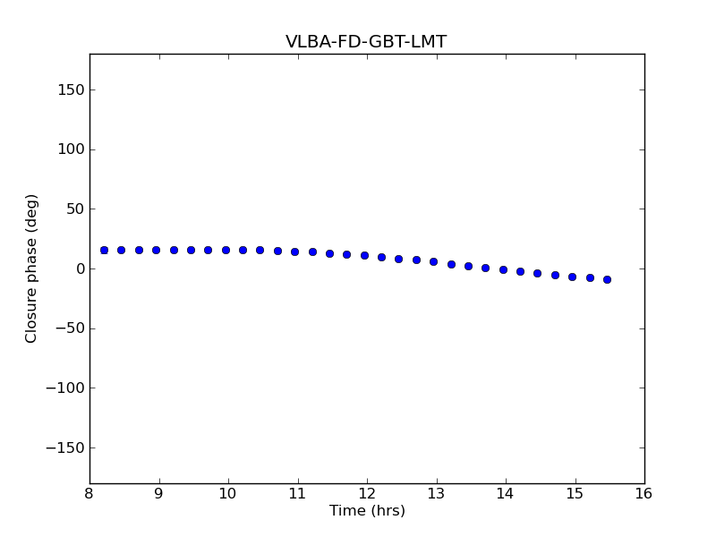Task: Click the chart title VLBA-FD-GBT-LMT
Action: click(x=366, y=42)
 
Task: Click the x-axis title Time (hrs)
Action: click(x=367, y=511)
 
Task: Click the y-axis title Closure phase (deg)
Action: click(x=32, y=268)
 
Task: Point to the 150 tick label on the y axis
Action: click(x=71, y=89)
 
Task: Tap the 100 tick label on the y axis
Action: click(x=71, y=149)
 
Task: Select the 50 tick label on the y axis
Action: click(x=74, y=209)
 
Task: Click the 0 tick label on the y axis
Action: click(x=79, y=268)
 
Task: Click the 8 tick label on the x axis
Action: click(x=89, y=493)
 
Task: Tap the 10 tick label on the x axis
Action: click(x=228, y=493)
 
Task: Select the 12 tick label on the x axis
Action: click(x=367, y=493)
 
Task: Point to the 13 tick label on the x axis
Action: click(x=436, y=493)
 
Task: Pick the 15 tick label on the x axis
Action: click(x=575, y=493)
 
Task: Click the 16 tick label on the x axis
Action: click(x=644, y=493)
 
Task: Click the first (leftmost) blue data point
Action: click(x=104, y=250)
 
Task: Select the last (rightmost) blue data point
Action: click(x=607, y=279)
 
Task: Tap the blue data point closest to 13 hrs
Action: click(x=433, y=261)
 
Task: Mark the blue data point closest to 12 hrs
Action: click(x=364, y=255)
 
